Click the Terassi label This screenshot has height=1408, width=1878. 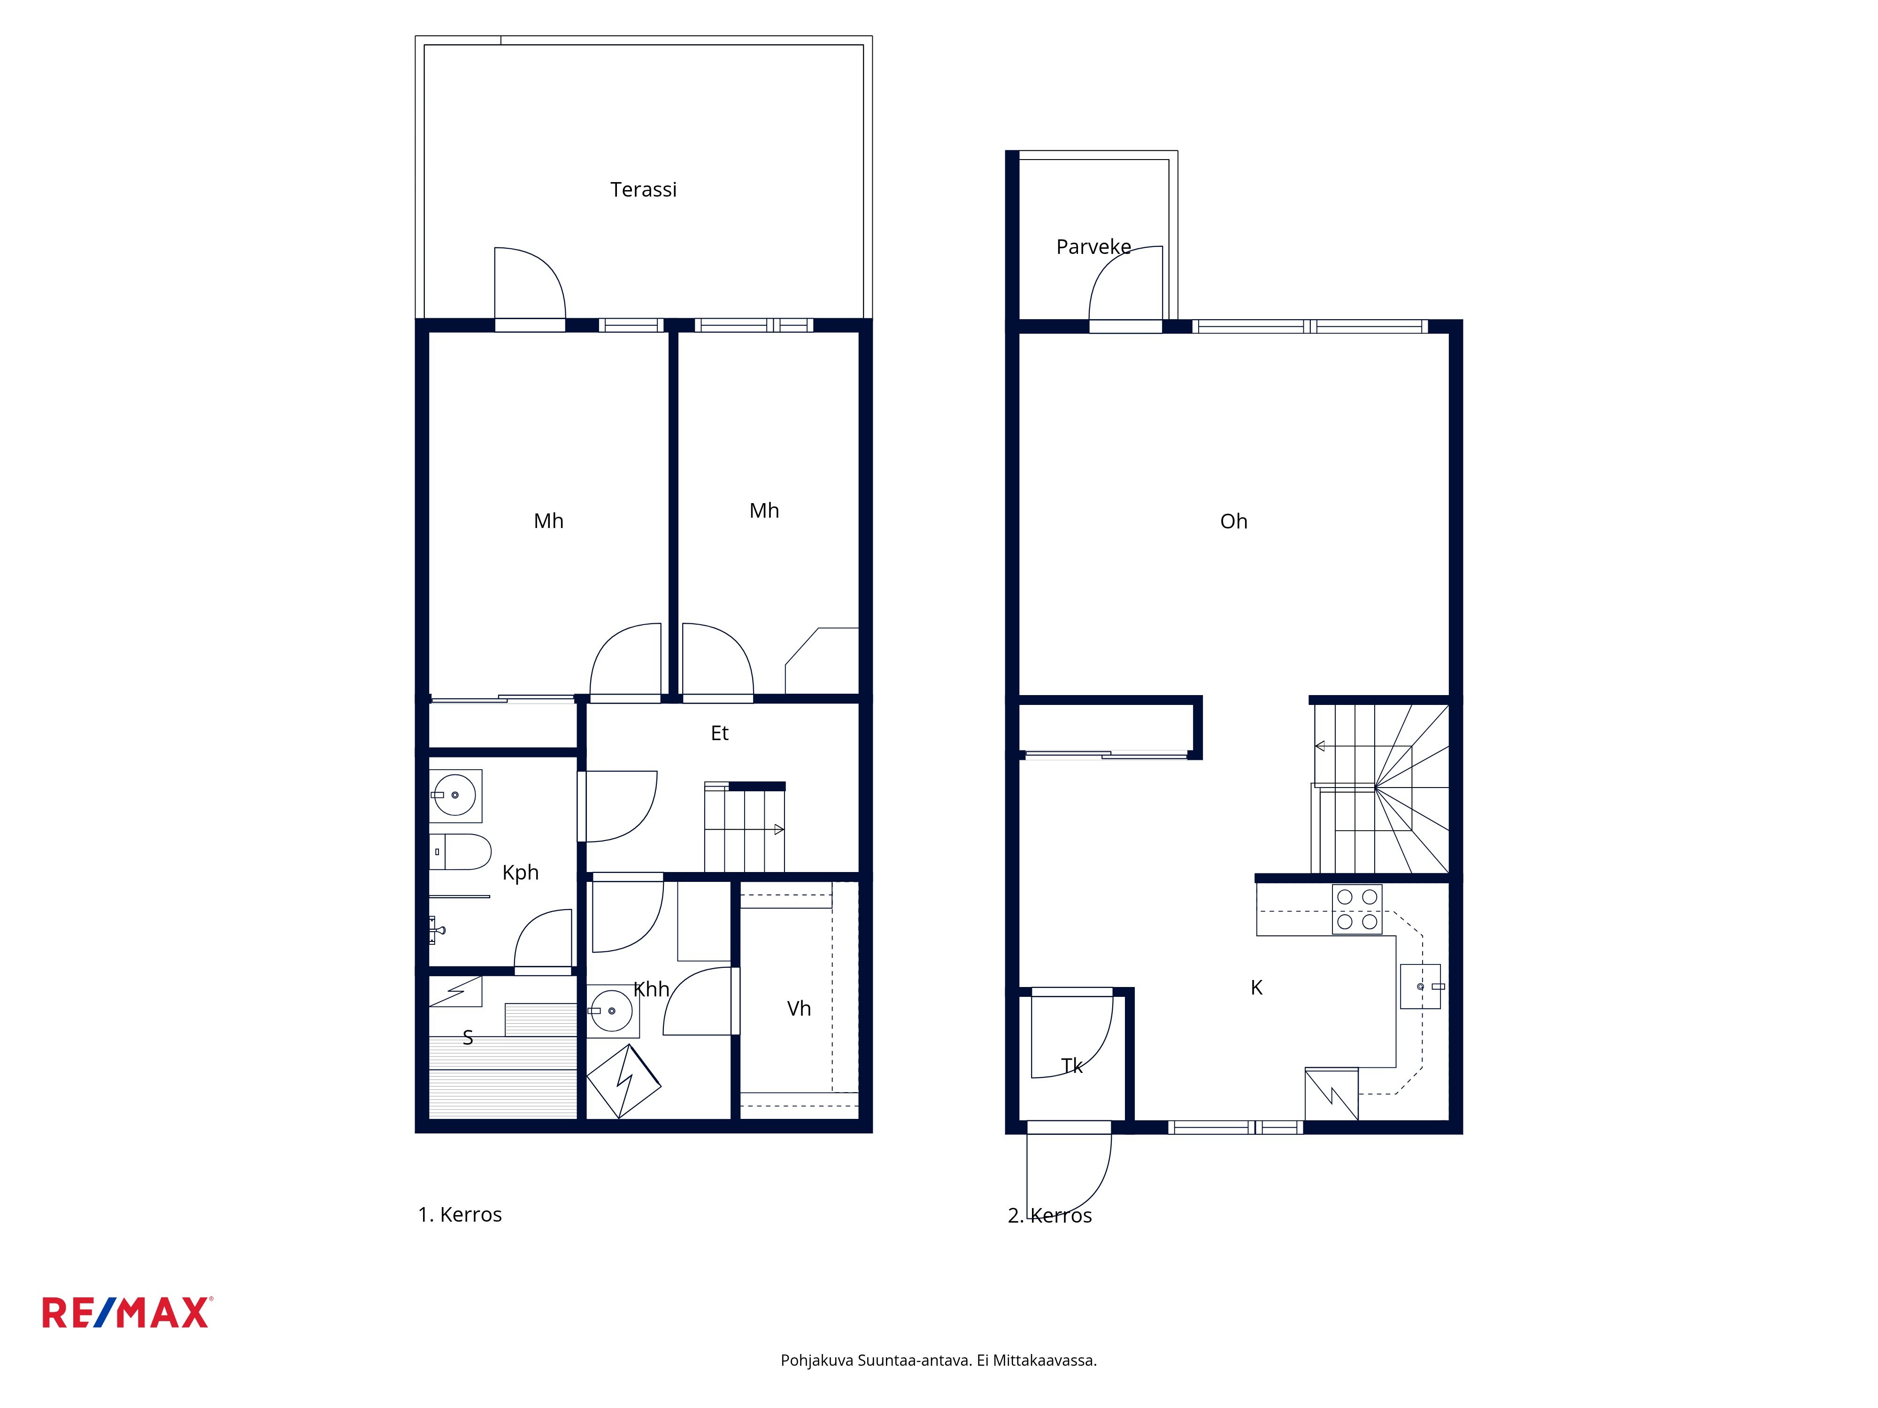[x=644, y=189]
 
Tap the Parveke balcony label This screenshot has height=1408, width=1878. [x=1093, y=247]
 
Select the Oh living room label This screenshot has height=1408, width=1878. [x=1233, y=521]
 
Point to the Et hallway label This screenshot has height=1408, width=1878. [x=719, y=733]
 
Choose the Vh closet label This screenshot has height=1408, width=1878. [x=799, y=1008]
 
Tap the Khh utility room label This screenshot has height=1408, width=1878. [x=651, y=989]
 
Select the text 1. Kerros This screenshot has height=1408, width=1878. [x=459, y=1215]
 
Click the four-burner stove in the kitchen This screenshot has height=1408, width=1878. [x=1357, y=909]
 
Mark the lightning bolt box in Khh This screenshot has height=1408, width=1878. [x=624, y=1081]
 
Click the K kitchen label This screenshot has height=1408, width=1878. [x=1256, y=987]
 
